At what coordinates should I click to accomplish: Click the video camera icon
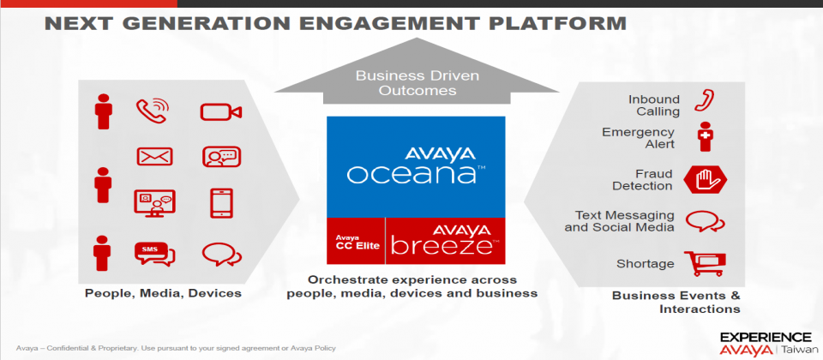(220, 111)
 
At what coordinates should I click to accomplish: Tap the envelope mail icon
(154, 156)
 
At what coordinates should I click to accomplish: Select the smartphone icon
(221, 203)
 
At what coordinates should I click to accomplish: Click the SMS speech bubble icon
(155, 254)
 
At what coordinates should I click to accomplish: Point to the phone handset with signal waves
(153, 111)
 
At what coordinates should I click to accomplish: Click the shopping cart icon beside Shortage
(705, 263)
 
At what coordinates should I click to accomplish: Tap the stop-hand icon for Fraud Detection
(705, 180)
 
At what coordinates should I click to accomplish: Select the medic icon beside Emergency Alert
(705, 136)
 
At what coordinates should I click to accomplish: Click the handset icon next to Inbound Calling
(705, 100)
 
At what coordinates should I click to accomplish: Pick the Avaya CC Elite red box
(356, 241)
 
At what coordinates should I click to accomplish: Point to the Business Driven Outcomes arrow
(418, 72)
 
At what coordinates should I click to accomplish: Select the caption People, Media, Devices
(163, 293)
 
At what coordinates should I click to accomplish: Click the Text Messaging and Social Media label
(619, 221)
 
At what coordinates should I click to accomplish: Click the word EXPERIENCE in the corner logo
(766, 336)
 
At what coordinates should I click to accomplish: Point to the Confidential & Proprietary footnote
(176, 348)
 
